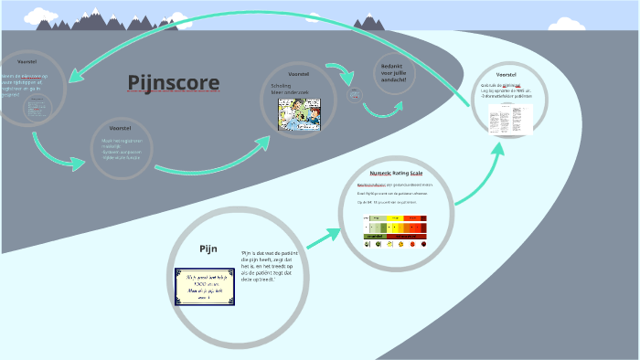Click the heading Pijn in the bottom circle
[x=208, y=249]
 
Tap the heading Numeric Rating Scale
[x=396, y=173]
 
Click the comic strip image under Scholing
[x=302, y=115]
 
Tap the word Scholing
[x=280, y=84]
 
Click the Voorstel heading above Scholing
[x=299, y=73]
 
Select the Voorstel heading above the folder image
[x=506, y=74]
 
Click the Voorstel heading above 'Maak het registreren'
[x=120, y=129]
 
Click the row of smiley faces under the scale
[x=396, y=244]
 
